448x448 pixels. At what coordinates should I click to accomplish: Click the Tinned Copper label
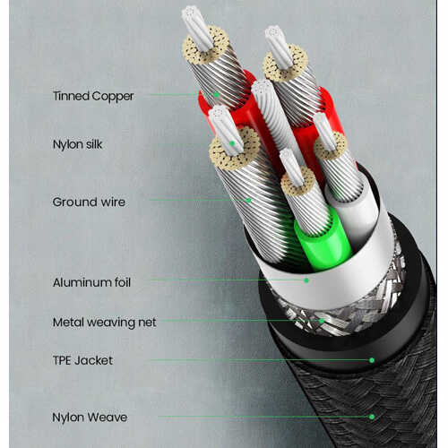click(93, 96)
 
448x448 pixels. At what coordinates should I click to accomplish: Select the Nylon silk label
click(77, 144)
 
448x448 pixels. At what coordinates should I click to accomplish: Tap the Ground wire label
click(89, 202)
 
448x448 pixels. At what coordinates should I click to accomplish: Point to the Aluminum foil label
click(91, 282)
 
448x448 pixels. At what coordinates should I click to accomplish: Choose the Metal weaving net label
click(104, 323)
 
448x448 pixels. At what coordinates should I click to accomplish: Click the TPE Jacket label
click(82, 360)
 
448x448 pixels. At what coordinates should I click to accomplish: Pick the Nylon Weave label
click(90, 418)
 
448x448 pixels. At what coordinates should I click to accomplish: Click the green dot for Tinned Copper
click(217, 95)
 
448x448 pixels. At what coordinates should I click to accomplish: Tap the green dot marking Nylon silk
click(232, 143)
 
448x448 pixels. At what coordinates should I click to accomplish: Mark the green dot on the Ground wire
click(248, 200)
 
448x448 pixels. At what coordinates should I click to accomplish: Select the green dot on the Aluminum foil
click(306, 280)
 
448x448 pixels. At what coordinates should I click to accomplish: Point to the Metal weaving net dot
click(322, 321)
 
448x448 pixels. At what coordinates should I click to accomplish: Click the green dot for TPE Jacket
click(372, 360)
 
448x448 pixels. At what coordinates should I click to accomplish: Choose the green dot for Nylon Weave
click(372, 417)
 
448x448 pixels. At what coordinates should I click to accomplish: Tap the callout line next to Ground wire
click(199, 200)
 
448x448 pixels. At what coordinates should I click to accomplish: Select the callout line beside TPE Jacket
click(261, 360)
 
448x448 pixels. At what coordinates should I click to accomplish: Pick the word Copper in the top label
click(113, 97)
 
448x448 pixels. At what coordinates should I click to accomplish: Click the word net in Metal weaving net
click(147, 323)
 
